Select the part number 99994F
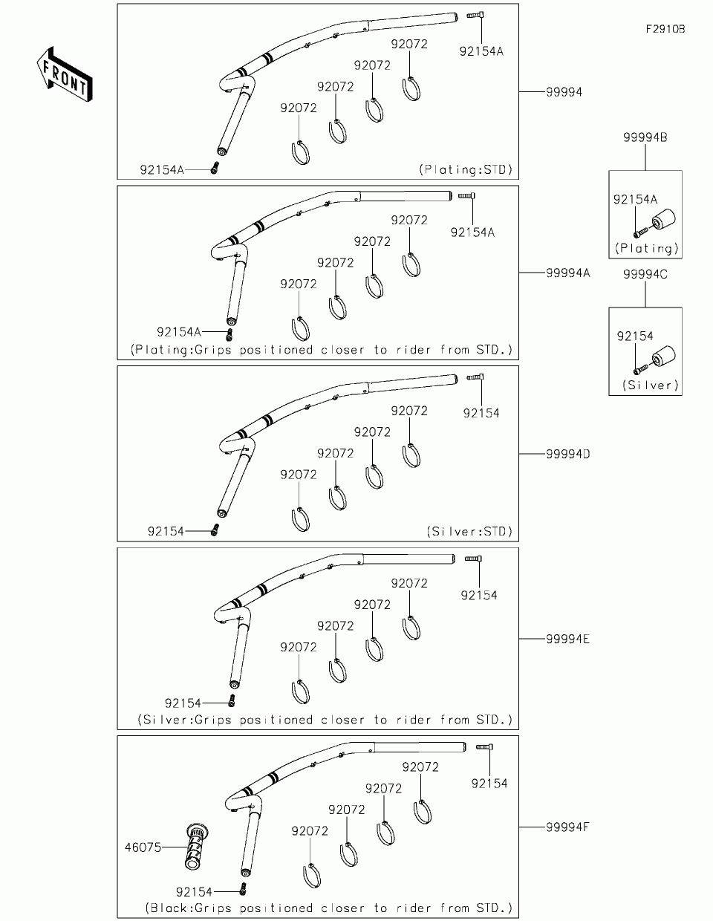point(567,826)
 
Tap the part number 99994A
point(567,273)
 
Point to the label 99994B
point(645,137)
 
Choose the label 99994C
point(645,274)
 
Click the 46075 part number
point(143,847)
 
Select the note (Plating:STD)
point(466,169)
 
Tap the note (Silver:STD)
point(470,532)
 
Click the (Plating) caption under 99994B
point(645,249)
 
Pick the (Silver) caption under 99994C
point(645,385)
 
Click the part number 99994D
point(567,453)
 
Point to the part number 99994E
point(567,639)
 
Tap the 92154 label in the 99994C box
point(635,336)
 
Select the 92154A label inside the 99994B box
point(635,199)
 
